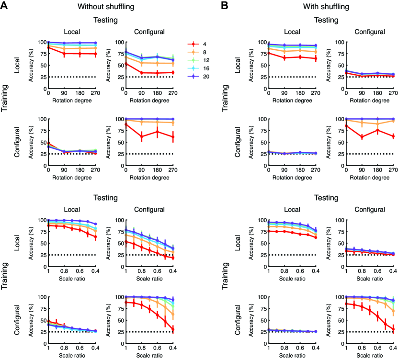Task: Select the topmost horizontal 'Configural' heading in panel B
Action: tap(367, 32)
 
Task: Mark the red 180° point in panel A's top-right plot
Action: tap(158, 73)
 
